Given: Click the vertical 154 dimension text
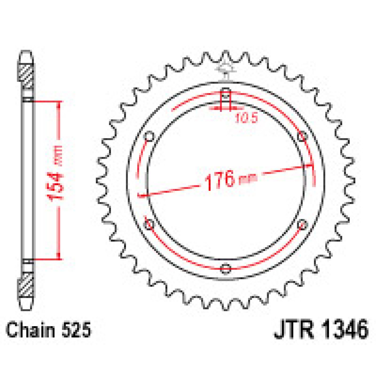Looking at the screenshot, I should pyautogui.click(x=56, y=180).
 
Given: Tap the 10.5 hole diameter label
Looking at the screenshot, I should pyautogui.click(x=246, y=118).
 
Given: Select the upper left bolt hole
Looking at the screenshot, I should pyautogui.click(x=149, y=137).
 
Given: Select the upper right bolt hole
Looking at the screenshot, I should pyautogui.click(x=303, y=137).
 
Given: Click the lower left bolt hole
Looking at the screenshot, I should pyautogui.click(x=149, y=224).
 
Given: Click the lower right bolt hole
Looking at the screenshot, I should pyautogui.click(x=303, y=224).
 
